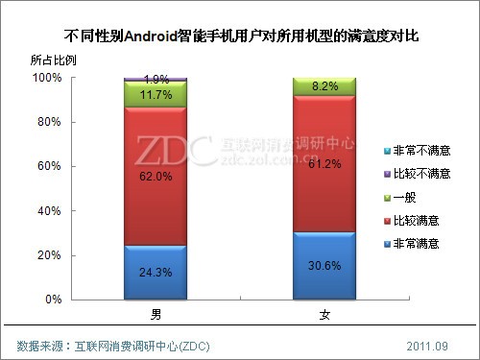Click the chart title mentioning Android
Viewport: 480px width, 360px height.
240,37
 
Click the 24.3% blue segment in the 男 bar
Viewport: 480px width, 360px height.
156,272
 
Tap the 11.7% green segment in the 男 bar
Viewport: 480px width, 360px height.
156,94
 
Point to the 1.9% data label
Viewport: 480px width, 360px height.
156,78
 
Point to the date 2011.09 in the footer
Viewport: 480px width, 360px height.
427,345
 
